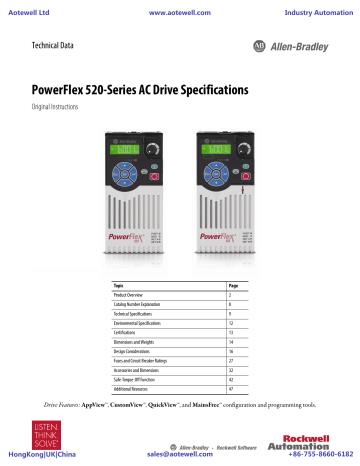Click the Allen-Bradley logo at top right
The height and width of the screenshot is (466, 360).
click(x=299, y=46)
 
